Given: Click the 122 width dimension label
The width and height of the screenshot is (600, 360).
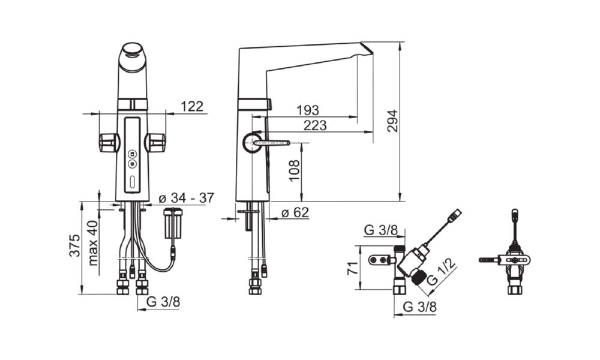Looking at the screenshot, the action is tap(192, 106).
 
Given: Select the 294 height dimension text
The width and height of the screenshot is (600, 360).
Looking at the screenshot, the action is tap(392, 121).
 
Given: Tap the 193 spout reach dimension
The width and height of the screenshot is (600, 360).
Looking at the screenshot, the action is tap(308, 110).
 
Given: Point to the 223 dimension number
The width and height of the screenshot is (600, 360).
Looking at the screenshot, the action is tap(315, 125).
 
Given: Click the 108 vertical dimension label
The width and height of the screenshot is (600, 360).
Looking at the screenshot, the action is tap(294, 170).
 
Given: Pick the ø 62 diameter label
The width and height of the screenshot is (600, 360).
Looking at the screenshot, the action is tap(295, 212).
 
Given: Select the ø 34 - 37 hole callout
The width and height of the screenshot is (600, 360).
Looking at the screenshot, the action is tap(187, 198).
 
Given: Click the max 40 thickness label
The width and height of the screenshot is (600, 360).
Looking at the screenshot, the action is tap(93, 243).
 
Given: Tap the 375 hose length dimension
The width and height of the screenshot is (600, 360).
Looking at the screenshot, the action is tap(75, 245).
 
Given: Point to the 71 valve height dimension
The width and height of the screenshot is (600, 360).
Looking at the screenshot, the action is tap(352, 268).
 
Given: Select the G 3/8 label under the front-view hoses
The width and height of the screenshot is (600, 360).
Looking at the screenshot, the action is tap(163, 302).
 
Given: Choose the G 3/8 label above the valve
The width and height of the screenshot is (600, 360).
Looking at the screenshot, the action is tap(381, 230).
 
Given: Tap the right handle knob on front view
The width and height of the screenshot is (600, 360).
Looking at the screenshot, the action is tap(156, 142).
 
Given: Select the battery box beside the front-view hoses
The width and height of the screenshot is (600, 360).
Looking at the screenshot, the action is tap(173, 223).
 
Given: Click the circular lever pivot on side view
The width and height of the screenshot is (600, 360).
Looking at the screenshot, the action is tap(252, 143).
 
